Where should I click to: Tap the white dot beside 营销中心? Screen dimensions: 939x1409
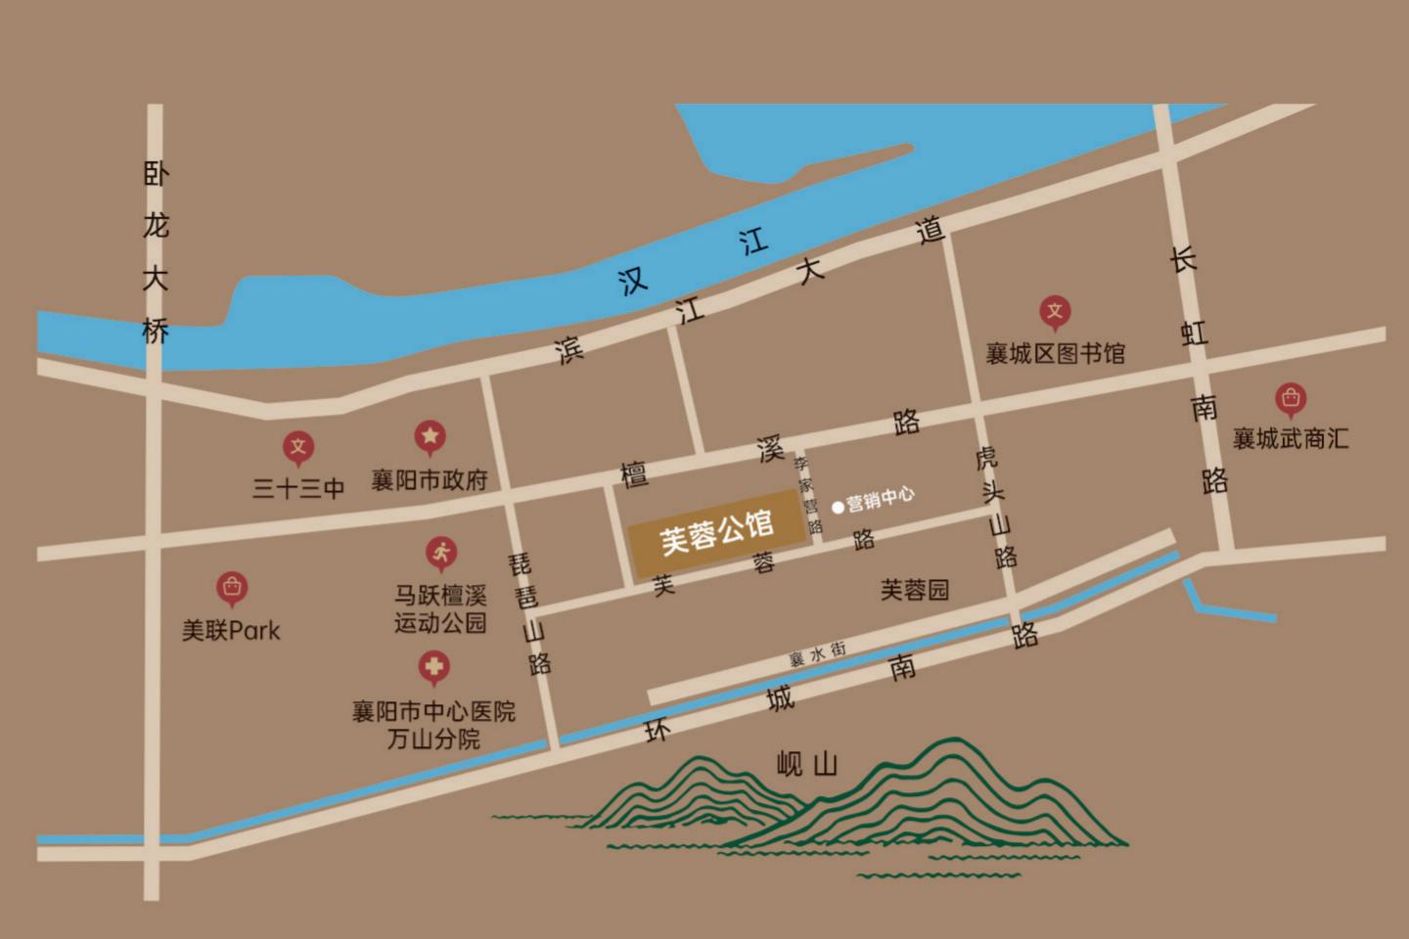tap(838, 507)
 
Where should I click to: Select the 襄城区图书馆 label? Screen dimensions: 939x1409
tap(1055, 352)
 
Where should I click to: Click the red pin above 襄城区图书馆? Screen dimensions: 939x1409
tap(1055, 313)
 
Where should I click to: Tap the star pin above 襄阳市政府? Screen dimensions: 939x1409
tap(431, 437)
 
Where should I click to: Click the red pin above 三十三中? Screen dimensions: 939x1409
tap(298, 448)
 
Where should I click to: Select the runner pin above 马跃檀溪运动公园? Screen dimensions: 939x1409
tap(441, 554)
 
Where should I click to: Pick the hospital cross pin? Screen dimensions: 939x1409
tap(433, 668)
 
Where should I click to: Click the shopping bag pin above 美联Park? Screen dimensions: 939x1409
tap(232, 587)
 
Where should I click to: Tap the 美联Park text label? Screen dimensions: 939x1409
tap(231, 631)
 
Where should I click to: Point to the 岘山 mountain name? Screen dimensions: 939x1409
tap(806, 763)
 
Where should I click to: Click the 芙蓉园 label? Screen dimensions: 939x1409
tap(914, 590)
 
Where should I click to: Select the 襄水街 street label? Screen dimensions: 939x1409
tap(817, 654)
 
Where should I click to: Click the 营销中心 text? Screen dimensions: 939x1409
tap(881, 500)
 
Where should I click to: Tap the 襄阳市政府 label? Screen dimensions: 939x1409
tap(429, 480)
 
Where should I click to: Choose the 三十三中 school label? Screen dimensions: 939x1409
tap(298, 488)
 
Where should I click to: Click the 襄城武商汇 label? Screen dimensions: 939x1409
tap(1291, 438)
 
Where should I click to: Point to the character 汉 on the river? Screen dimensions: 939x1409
tap(633, 283)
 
